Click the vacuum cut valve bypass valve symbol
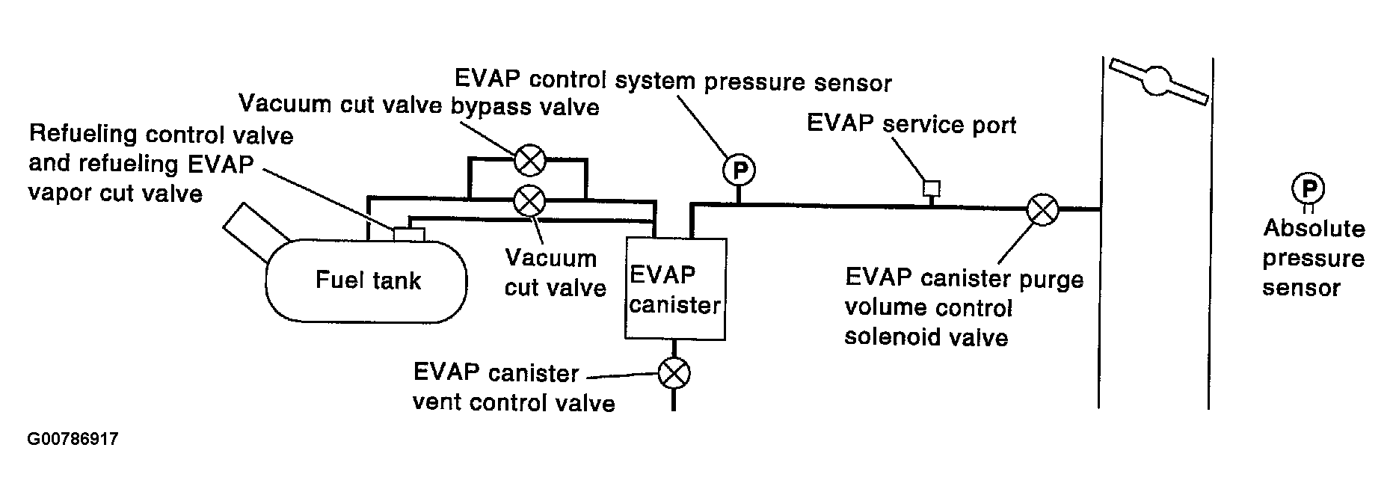click(x=530, y=159)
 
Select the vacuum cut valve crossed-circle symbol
click(x=530, y=200)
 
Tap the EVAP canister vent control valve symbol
click(x=674, y=373)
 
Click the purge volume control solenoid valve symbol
click(x=1042, y=209)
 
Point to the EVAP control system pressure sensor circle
click(x=739, y=171)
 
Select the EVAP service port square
click(x=932, y=188)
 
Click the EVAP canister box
click(x=675, y=289)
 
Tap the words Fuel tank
click(x=368, y=280)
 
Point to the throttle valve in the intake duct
click(x=1158, y=81)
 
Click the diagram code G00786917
click(x=73, y=439)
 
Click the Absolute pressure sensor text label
click(x=1314, y=258)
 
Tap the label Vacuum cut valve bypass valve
click(x=419, y=105)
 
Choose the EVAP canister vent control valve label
click(x=514, y=388)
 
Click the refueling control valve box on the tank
click(x=409, y=234)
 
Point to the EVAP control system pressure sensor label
click(x=673, y=80)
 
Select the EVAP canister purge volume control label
click(x=965, y=307)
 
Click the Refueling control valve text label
click(x=161, y=164)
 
